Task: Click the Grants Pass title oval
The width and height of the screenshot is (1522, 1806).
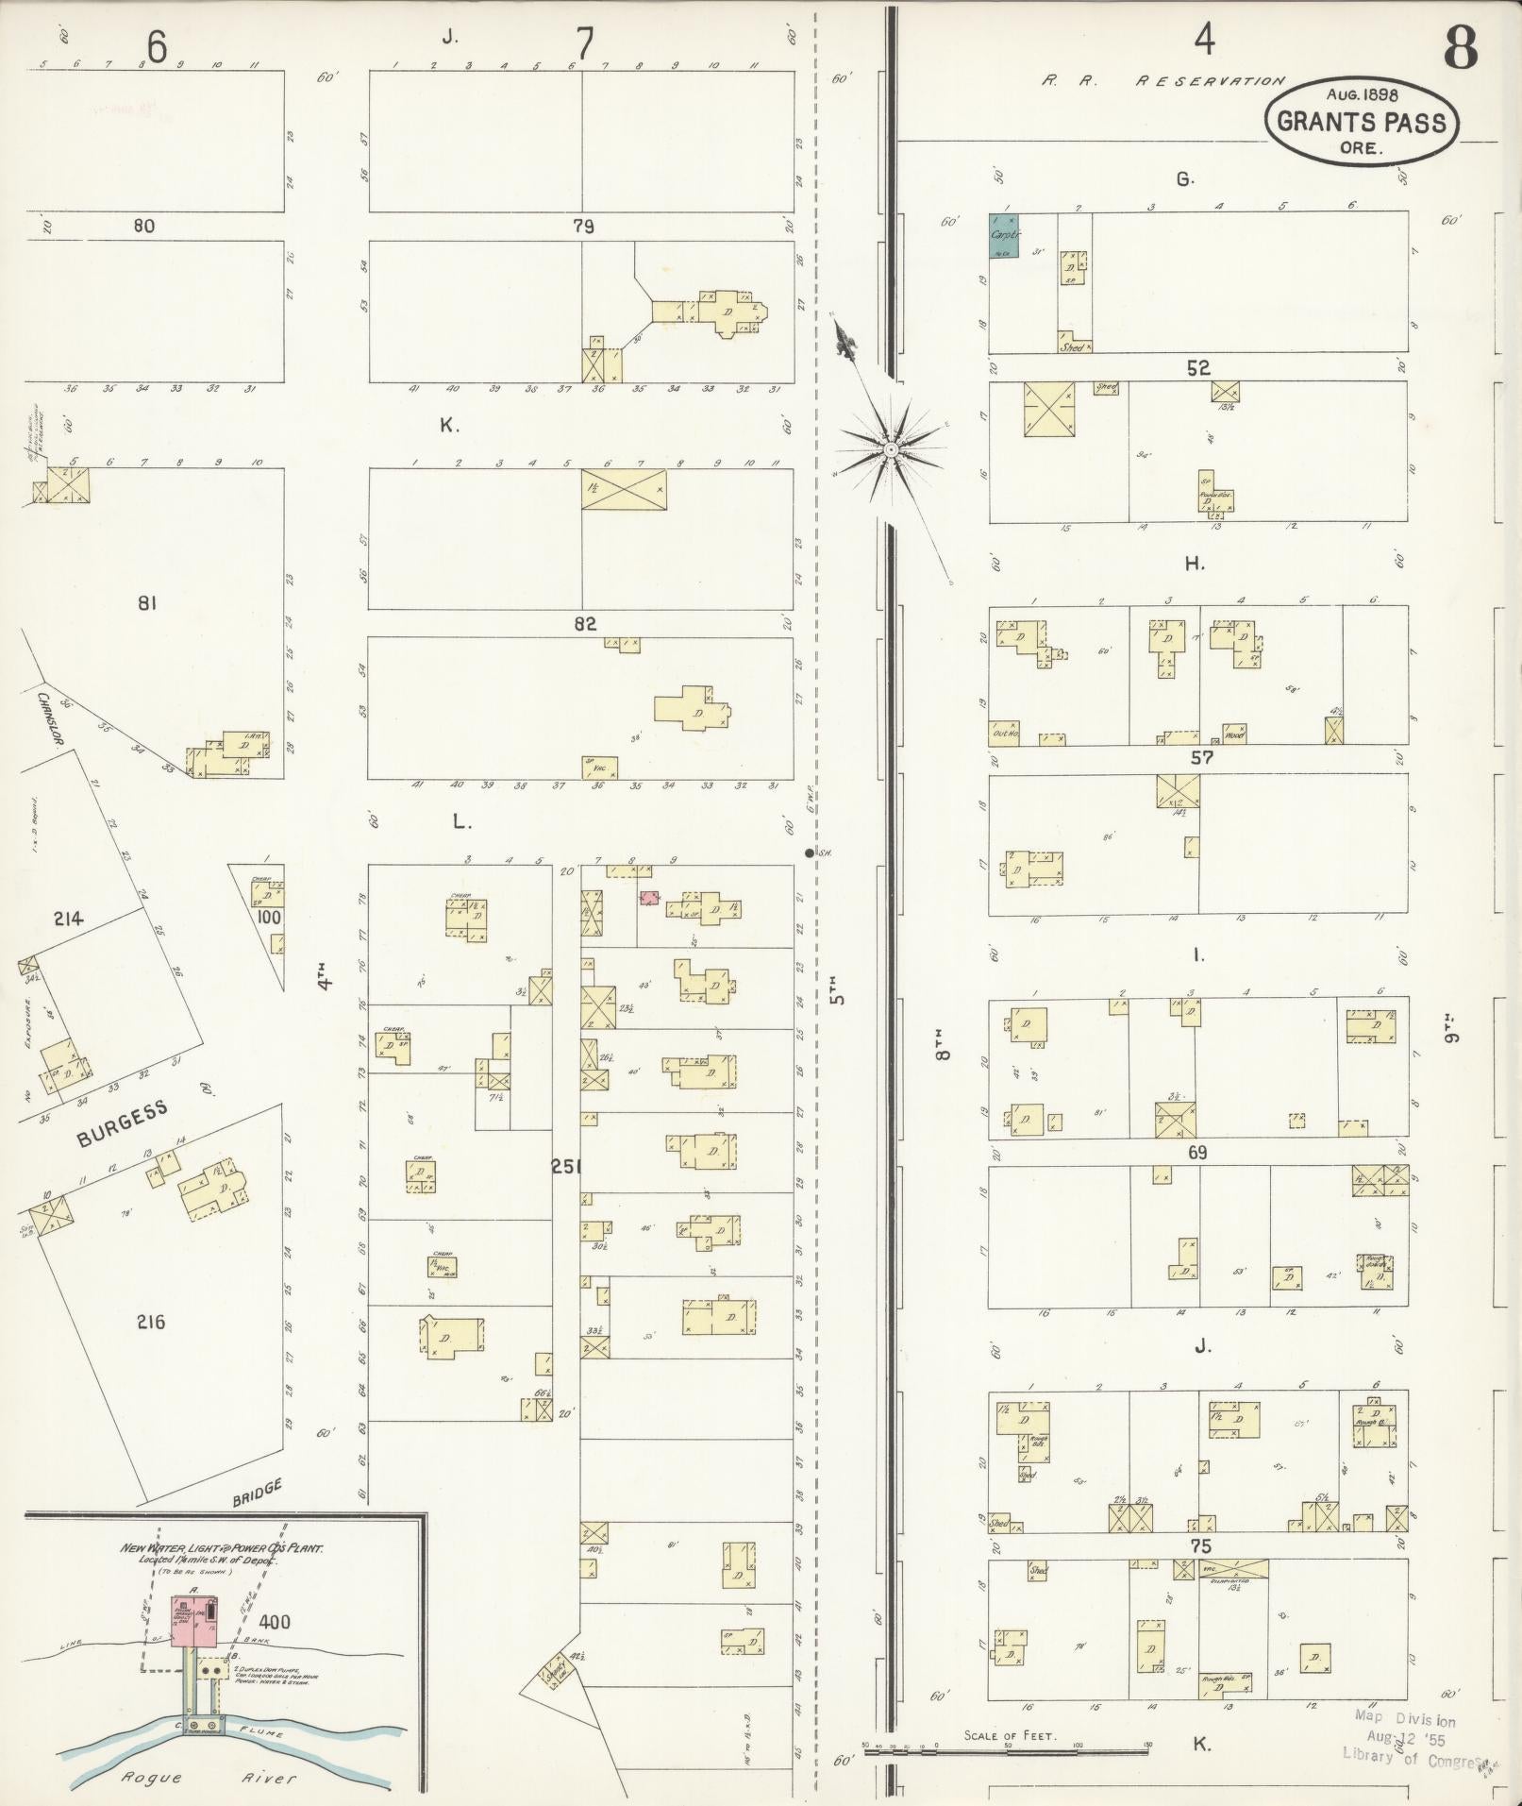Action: coord(1361,121)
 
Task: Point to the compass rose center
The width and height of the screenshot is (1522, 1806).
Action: coord(890,449)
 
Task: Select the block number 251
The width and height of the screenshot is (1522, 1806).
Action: coord(566,1167)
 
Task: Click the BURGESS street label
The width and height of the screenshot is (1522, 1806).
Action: coord(122,1123)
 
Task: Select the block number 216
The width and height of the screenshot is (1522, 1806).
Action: coord(150,1322)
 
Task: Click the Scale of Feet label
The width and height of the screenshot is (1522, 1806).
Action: coord(1010,1735)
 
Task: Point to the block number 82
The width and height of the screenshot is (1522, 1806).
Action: coord(584,624)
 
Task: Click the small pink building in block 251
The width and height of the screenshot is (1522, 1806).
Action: coord(648,898)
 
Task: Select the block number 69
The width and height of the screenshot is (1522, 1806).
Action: coord(1196,1153)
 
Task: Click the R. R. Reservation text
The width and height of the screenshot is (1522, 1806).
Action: coord(1162,82)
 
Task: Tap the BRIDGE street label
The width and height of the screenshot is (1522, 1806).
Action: coord(257,1491)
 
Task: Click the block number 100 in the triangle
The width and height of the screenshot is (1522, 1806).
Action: coord(269,917)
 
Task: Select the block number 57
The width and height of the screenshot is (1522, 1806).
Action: coord(1201,757)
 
